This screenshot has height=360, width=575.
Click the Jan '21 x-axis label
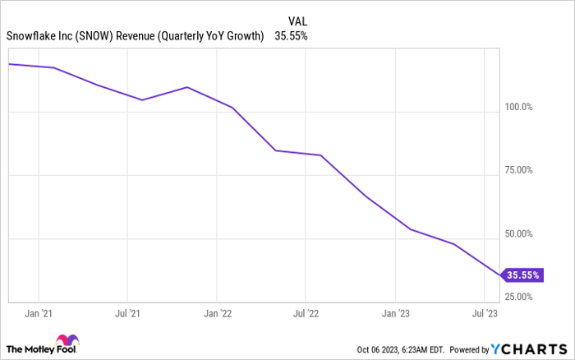coord(38,312)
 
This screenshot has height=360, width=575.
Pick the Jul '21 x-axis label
coord(126,312)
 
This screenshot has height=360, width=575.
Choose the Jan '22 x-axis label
coord(216,312)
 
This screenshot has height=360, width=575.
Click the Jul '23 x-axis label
coord(483,312)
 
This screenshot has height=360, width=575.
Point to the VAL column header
coord(299,21)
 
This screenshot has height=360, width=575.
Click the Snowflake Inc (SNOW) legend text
coord(135,36)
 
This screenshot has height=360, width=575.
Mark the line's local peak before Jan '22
coord(187,87)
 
